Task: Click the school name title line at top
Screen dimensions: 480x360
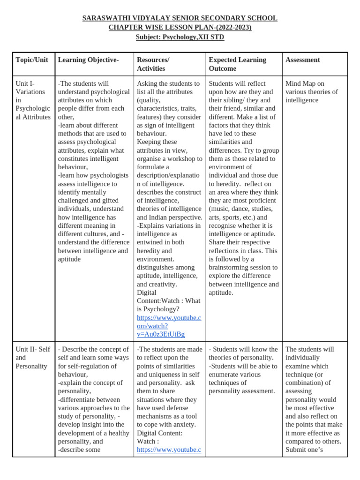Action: [180, 18]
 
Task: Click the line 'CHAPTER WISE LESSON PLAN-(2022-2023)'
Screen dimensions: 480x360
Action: [180, 28]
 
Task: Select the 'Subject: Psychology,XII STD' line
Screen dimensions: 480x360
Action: [180, 37]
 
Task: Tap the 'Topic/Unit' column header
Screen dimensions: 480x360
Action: [32, 60]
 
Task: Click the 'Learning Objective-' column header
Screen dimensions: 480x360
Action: [88, 60]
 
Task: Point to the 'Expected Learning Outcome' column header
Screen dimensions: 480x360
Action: [237, 64]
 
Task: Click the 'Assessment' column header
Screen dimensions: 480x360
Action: [302, 60]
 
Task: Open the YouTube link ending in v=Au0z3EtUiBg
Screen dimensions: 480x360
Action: [169, 326]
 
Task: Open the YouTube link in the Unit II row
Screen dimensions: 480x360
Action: [169, 450]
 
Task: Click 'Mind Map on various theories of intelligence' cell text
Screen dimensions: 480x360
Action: [311, 92]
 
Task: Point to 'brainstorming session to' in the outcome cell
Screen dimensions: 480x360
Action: [243, 267]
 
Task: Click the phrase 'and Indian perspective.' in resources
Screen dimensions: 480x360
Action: [169, 217]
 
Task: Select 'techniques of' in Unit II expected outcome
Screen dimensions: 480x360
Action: [227, 383]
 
